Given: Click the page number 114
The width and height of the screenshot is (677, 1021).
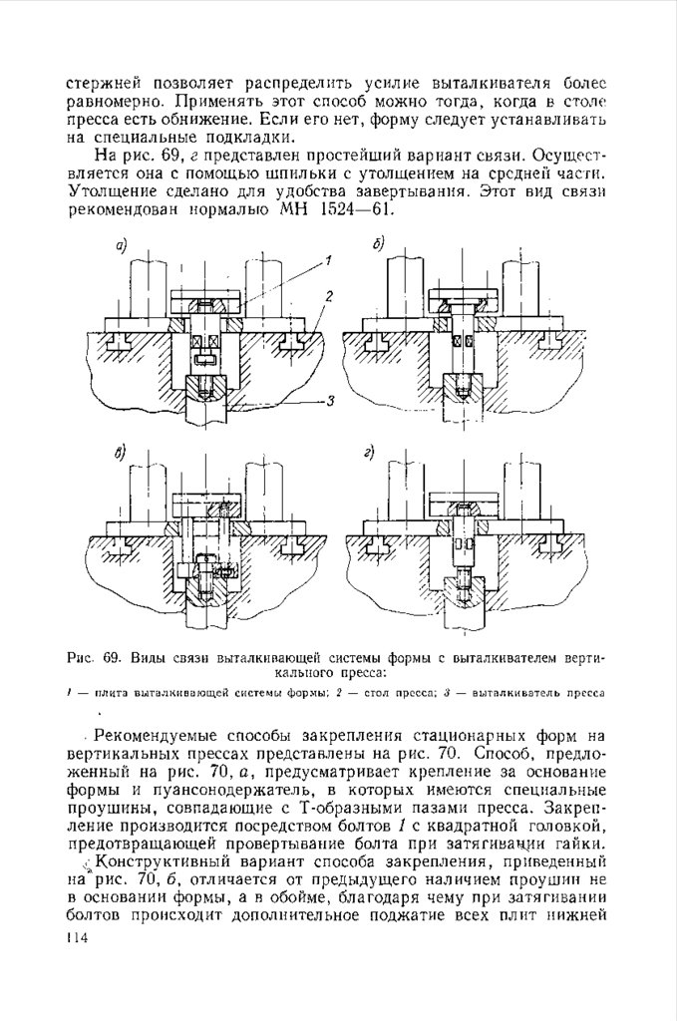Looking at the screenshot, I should coord(76,939).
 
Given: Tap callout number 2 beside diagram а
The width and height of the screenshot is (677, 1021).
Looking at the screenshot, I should coord(327,296).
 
